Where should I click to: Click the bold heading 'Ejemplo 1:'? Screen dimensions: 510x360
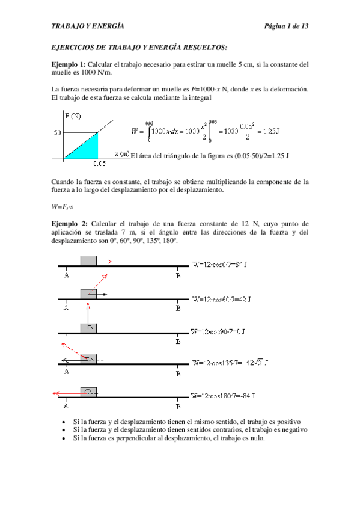69,64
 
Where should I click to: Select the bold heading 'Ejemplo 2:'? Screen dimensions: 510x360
69,224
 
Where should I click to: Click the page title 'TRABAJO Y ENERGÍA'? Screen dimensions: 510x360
88,27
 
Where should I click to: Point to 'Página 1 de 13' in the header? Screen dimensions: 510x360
286,27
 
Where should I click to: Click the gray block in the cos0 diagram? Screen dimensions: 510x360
88,261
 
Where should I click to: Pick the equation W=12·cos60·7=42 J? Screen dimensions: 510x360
221,298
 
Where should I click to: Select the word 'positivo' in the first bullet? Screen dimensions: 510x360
287,422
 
